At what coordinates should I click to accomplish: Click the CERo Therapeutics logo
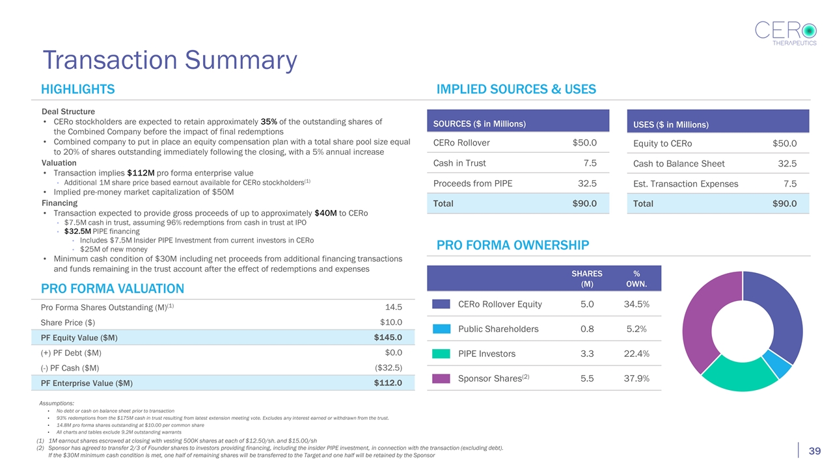pos(785,33)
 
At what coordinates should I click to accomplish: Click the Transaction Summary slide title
pos(170,60)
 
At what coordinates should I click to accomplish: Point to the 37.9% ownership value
pos(635,378)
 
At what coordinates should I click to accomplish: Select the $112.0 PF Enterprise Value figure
pos(388,383)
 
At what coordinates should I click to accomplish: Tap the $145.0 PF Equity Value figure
pos(388,337)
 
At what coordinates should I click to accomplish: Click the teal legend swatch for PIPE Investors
pos(441,354)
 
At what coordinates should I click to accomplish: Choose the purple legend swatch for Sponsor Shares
pos(441,378)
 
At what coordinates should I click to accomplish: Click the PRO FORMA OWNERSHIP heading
pos(513,245)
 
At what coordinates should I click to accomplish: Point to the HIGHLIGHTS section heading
pos(78,90)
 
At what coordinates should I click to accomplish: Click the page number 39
pos(813,452)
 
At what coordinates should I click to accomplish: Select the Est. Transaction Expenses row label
pos(685,184)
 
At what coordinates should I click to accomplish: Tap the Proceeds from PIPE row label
pos(472,183)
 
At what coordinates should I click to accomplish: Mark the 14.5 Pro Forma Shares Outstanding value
pos(394,307)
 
